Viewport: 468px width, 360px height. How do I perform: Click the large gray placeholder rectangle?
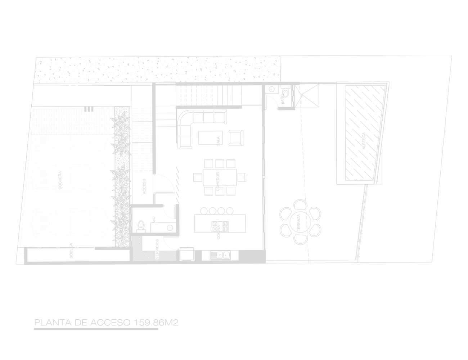[234, 160]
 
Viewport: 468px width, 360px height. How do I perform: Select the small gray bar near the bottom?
[106, 324]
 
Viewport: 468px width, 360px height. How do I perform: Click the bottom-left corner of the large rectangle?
[15, 265]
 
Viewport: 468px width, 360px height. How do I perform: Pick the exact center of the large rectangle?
[234, 160]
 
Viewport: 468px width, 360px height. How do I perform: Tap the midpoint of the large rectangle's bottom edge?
[234, 265]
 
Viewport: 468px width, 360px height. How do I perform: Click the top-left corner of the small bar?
[34, 319]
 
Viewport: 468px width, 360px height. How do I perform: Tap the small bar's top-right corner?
[178, 319]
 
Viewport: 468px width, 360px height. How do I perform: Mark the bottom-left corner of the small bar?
[34, 330]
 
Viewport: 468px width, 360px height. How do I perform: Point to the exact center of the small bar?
[106, 324]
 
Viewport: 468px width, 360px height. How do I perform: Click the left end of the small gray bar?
[34, 324]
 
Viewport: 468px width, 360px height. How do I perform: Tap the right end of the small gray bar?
[177, 324]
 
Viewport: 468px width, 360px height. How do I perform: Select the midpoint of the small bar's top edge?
[106, 319]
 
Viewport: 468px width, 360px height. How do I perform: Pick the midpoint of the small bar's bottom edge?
[106, 330]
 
